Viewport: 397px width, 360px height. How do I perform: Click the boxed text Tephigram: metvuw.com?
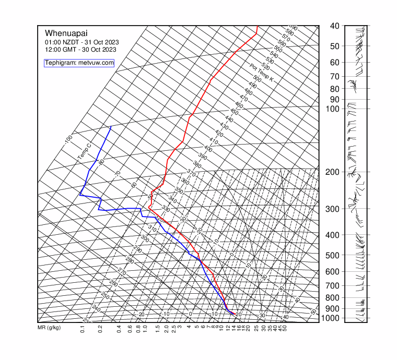click(79, 63)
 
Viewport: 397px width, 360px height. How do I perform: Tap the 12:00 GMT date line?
click(80, 50)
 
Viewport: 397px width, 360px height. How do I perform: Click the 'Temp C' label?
click(84, 152)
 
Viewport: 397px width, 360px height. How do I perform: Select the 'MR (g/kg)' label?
click(49, 328)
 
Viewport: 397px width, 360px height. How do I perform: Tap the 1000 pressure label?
click(334, 318)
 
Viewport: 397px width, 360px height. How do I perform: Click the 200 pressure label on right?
click(334, 172)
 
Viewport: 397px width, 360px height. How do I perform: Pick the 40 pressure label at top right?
click(335, 26)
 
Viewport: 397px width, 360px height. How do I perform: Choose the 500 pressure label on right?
click(334, 255)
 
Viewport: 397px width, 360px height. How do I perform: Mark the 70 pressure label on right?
click(335, 77)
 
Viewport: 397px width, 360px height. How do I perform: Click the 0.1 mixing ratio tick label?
click(83, 329)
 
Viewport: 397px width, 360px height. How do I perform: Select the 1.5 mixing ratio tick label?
click(157, 329)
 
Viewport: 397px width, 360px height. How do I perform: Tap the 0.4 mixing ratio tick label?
click(119, 329)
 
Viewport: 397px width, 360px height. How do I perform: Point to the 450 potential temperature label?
click(234, 112)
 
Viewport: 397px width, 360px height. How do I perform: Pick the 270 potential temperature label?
click(122, 272)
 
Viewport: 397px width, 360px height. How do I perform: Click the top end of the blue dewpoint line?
click(111, 127)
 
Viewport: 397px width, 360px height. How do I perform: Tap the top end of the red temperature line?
click(257, 26)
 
